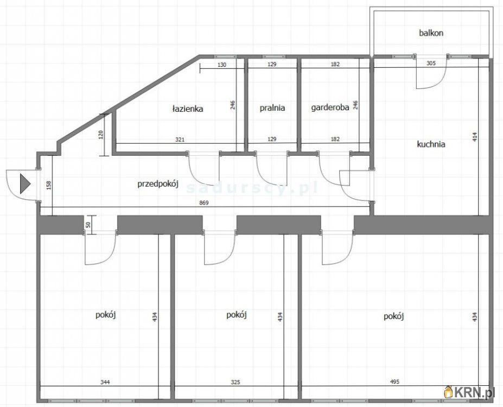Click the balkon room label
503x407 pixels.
click(431, 33)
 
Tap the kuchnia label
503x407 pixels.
click(431, 144)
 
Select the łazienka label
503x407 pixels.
click(187, 109)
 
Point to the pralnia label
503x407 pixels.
click(272, 108)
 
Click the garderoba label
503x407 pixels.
click(330, 107)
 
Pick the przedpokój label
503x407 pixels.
click(158, 184)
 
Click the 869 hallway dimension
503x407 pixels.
click(204, 203)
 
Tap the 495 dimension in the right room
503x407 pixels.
click(394, 382)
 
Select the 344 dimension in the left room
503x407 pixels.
click(105, 382)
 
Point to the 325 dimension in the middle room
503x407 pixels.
click(235, 382)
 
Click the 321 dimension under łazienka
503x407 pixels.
click(180, 139)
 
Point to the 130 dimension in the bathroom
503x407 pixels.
click(222, 65)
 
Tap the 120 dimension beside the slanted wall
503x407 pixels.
click(100, 135)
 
